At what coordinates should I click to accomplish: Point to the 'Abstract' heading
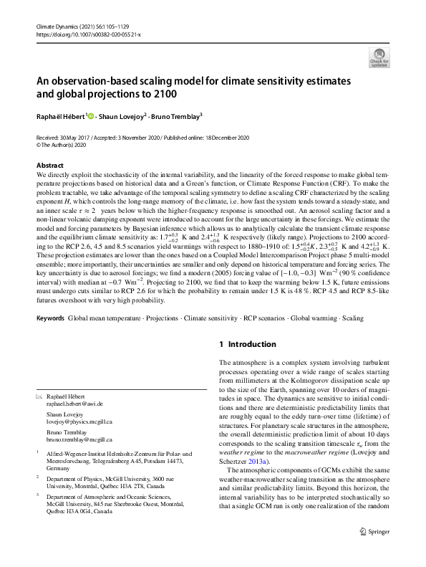(49, 166)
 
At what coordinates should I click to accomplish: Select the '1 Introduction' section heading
(248, 344)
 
